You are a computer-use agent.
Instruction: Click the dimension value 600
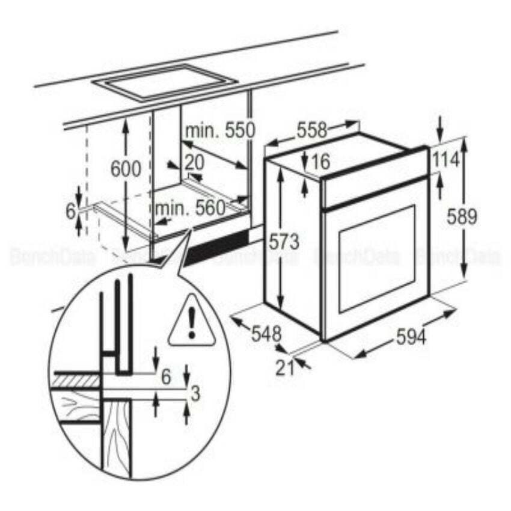(126, 170)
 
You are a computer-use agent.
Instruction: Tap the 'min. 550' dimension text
(220, 130)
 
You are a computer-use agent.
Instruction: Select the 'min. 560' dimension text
(190, 208)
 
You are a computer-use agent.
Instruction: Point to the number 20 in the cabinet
(194, 162)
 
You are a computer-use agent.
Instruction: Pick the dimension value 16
(321, 161)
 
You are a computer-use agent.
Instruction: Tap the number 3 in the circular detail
(195, 394)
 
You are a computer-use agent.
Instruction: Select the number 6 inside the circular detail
(166, 376)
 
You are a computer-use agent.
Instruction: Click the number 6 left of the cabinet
(70, 212)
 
